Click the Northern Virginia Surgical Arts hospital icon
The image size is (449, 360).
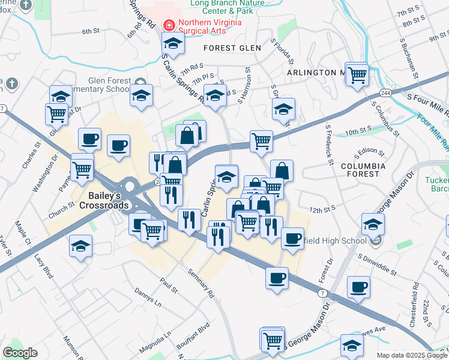pos(169,25)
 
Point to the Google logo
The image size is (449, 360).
pos(20,353)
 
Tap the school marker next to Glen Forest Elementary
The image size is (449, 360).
pos(142,95)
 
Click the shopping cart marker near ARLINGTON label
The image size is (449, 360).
pos(357,75)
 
